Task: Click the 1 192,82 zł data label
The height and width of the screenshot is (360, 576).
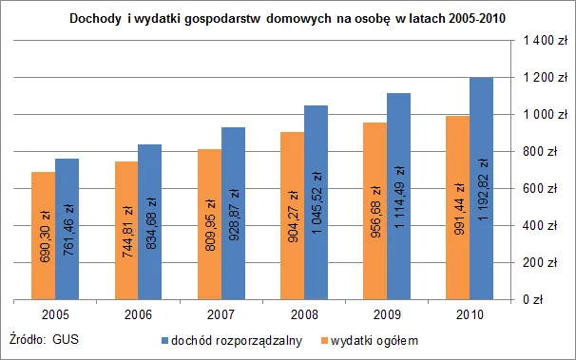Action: [482, 242]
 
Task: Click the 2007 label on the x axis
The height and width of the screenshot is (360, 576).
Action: [221, 314]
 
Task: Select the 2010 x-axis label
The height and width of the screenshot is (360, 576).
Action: [469, 314]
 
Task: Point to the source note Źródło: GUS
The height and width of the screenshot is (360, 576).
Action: [43, 338]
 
